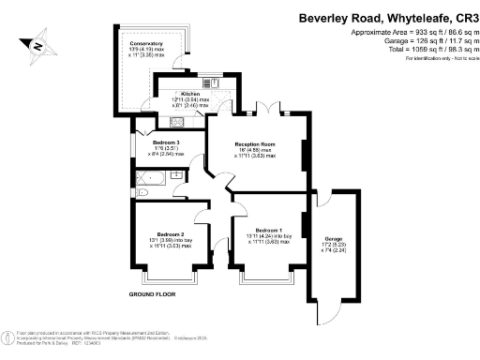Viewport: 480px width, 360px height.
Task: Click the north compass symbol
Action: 34,43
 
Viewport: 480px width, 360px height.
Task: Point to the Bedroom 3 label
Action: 168,142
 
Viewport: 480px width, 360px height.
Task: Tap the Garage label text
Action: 333,239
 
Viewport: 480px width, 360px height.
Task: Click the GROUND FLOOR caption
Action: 153,293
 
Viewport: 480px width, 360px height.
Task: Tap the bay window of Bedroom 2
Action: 168,277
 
